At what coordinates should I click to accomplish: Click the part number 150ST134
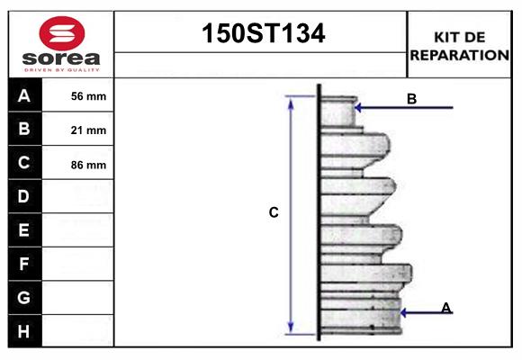(261, 34)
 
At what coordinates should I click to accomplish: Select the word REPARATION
(460, 54)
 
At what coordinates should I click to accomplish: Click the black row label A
(24, 95)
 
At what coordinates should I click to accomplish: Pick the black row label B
(24, 130)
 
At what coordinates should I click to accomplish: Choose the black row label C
(24, 163)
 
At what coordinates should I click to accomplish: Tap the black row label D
(24, 196)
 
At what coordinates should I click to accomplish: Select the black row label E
(24, 230)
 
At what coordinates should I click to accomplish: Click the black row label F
(24, 264)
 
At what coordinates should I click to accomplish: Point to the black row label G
(24, 297)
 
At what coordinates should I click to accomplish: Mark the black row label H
(24, 331)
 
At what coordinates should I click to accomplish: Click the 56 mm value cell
(88, 96)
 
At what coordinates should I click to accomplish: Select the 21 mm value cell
(88, 130)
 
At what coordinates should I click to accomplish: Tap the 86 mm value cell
(88, 165)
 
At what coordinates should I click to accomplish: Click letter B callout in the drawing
(411, 99)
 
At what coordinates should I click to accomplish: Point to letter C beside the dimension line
(274, 213)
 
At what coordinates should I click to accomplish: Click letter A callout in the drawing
(446, 308)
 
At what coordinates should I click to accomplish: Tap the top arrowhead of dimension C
(290, 101)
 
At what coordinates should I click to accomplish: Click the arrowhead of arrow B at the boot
(358, 108)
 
